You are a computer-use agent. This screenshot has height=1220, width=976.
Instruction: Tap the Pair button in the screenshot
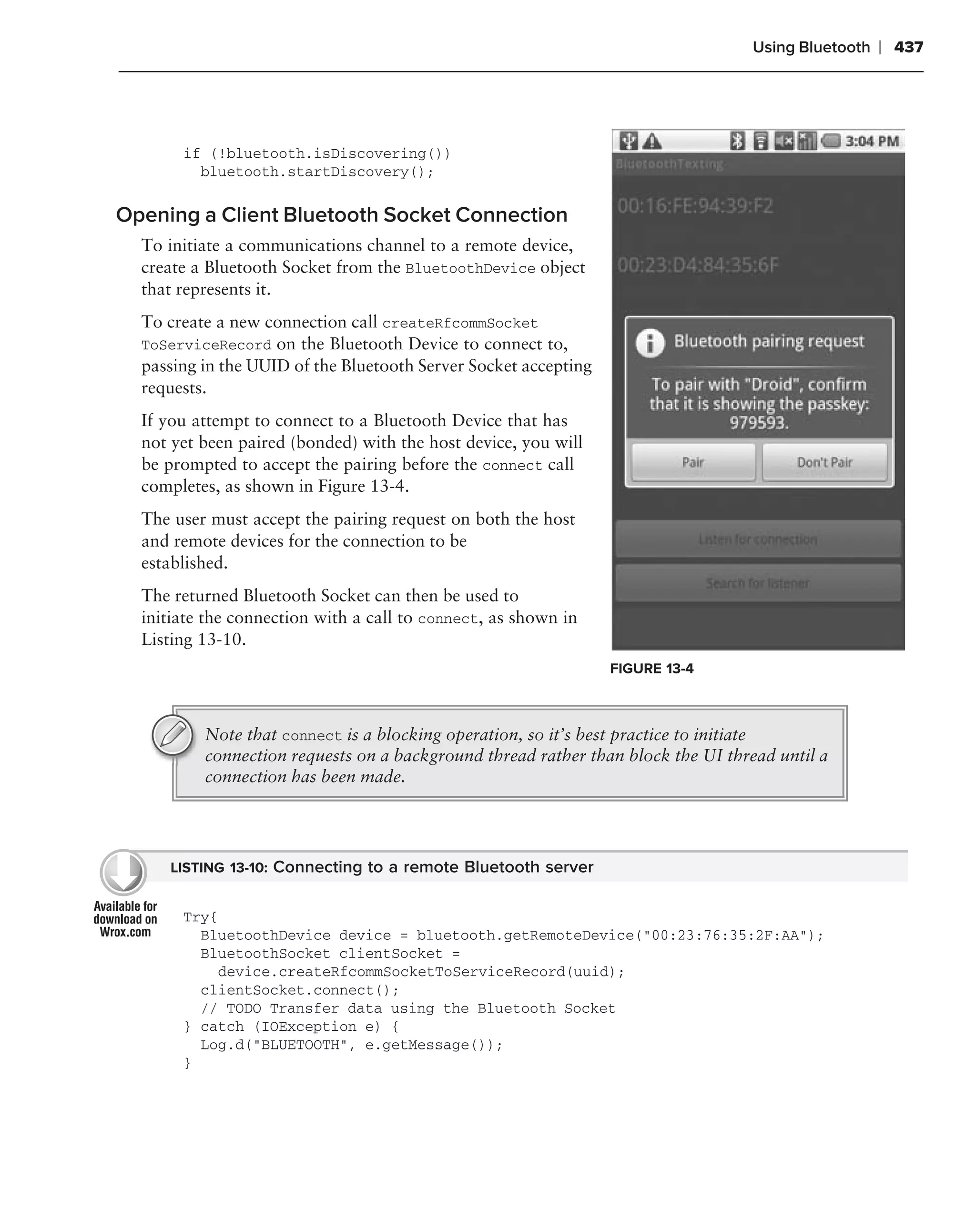tap(692, 462)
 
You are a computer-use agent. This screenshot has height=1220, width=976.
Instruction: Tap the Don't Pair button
tap(824, 462)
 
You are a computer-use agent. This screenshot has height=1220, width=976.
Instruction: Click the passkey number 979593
tap(758, 423)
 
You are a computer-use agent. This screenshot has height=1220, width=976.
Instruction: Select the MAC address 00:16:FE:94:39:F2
tap(695, 206)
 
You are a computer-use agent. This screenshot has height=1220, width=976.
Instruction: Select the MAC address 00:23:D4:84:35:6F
tap(698, 265)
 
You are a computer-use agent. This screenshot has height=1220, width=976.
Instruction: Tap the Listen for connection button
tap(757, 539)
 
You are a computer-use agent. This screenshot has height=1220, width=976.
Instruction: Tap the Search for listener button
tap(757, 583)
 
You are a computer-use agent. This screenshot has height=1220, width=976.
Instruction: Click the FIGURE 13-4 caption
tap(651, 668)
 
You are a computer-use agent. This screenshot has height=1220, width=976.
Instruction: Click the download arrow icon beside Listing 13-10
tap(123, 872)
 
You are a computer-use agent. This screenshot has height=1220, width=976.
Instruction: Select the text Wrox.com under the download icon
tap(125, 932)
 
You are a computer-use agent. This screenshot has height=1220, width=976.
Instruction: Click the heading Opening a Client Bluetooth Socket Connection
tap(341, 215)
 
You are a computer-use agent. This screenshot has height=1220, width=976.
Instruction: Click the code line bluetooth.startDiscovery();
tap(317, 172)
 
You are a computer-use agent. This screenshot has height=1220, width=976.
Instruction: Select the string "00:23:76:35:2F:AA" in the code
tap(725, 935)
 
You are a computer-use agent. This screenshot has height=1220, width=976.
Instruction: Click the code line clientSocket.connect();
tap(299, 990)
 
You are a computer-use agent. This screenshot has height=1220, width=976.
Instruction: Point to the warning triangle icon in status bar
tap(652, 141)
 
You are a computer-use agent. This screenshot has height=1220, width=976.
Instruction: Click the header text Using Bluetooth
tap(810, 47)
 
